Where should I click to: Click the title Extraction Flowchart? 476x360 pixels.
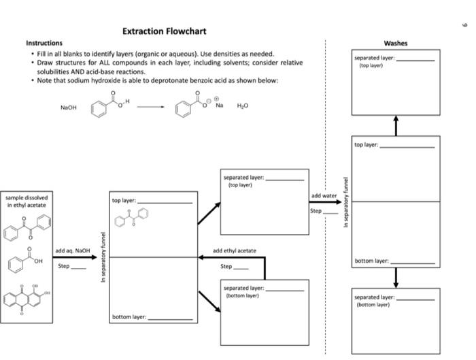[164, 31]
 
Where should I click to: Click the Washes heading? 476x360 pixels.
[396, 43]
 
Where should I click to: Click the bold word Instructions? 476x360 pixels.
[44, 43]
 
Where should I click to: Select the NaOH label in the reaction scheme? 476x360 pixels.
[69, 107]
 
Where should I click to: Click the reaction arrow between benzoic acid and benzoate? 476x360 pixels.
[150, 107]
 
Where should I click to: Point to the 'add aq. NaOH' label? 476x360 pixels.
[72, 250]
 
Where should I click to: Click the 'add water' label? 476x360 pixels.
[324, 196]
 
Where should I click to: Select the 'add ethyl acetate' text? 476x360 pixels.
[235, 250]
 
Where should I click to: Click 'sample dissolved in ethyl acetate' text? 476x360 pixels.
[28, 201]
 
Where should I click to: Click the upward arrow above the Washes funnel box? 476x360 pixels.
[396, 125]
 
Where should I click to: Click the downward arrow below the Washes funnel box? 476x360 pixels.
[396, 277]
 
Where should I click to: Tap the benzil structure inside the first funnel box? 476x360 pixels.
[133, 218]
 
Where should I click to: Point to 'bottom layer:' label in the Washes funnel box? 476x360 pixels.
[371, 261]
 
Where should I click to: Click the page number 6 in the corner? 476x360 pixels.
[466, 24]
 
